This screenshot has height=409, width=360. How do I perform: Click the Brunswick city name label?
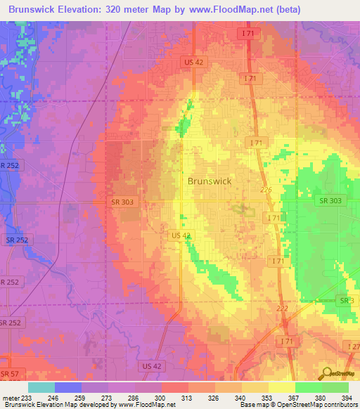(209, 181)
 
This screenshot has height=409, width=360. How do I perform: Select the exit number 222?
(283, 308)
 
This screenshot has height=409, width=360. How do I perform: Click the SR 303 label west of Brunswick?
(122, 202)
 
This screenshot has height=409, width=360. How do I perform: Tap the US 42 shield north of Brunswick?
(190, 61)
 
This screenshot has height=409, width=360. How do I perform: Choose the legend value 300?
(161, 398)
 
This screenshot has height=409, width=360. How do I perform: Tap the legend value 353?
(268, 398)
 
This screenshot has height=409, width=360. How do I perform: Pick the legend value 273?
(108, 398)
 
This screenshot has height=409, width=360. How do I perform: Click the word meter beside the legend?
(11, 398)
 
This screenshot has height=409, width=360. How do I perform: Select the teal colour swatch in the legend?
(41, 387)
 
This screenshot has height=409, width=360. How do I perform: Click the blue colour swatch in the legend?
(67, 387)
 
